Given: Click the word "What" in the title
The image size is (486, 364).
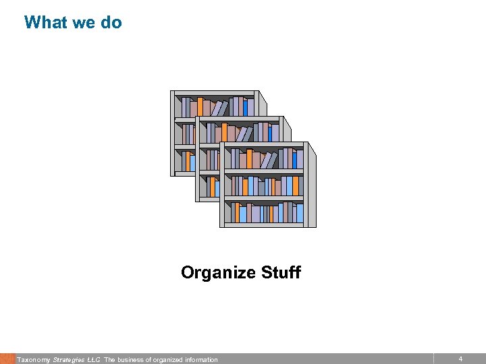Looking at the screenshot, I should coord(46,22).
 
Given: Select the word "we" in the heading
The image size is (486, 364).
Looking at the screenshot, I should coord(84,22).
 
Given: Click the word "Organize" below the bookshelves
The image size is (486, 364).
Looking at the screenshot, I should coord(218,273).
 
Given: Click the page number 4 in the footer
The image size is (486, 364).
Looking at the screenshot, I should coord(460,359).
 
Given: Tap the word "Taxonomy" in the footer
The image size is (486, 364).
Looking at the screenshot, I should coord(33,360).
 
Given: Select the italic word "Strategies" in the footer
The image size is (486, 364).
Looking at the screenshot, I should coord(68,360).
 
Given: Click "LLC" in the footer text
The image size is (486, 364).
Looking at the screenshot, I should coord(93,360).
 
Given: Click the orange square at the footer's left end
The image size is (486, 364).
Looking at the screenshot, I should coord(7,359).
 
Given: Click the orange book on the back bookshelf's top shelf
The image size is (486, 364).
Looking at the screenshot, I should coord(200,106).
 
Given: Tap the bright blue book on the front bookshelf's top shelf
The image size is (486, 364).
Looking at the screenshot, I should coord(294,159).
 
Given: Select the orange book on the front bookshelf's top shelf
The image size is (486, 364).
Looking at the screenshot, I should coord(249,158).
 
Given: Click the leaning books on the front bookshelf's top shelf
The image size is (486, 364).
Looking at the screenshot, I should coord(269,160).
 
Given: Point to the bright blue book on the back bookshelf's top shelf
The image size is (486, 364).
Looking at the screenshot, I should coord(245,107).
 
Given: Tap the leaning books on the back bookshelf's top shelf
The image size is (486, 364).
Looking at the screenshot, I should coord(219,108).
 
